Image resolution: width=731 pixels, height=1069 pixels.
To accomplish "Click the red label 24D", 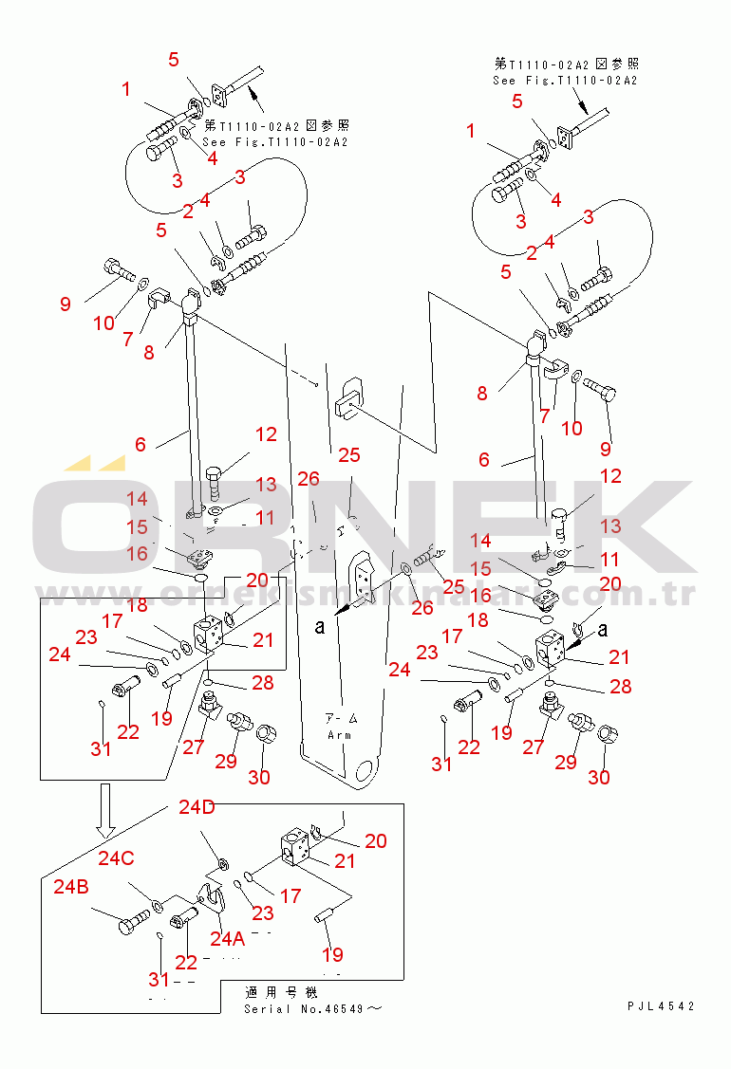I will [x=197, y=807].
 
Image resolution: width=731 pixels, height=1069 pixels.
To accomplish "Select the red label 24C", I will [x=116, y=857].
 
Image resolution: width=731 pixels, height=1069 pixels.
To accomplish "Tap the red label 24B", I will [x=71, y=887].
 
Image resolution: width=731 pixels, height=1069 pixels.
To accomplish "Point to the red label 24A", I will [x=228, y=938].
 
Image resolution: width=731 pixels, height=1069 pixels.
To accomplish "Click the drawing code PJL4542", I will [x=660, y=1006].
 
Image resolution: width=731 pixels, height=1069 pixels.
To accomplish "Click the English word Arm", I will [x=339, y=734].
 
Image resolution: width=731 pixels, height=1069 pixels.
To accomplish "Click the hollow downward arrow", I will [x=105, y=806].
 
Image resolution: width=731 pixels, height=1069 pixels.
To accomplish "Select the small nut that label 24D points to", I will [x=221, y=863].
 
